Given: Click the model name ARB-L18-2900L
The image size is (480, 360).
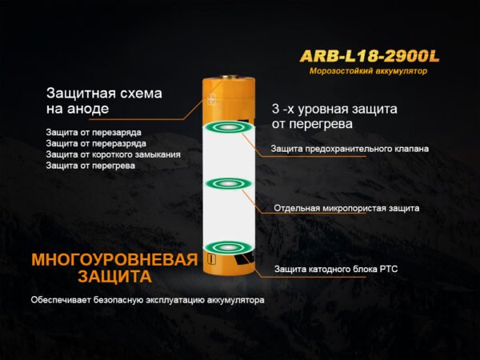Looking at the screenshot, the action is click(370, 56).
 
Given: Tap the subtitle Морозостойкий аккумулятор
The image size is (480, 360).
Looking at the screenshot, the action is click(368, 71).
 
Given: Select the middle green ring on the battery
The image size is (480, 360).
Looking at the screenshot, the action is click(229, 184).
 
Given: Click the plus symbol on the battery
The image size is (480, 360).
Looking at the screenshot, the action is click(211, 99).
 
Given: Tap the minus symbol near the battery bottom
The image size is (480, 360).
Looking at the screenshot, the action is click(210, 259).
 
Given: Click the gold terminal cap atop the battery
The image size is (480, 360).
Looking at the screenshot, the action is click(229, 77).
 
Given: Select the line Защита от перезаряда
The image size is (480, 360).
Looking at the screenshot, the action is click(94, 133).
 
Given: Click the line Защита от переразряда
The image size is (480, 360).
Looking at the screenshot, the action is click(96, 143).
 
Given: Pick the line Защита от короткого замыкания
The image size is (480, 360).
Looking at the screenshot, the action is click(114, 154).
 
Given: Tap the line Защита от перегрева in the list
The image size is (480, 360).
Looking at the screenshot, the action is click(90, 166).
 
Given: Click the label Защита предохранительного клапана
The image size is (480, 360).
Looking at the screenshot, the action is click(350, 149).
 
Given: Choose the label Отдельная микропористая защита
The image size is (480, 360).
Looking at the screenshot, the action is click(346, 209).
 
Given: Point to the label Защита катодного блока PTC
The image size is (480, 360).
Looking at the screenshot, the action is click(336, 270).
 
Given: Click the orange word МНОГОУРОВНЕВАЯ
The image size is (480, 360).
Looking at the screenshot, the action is click(114, 259).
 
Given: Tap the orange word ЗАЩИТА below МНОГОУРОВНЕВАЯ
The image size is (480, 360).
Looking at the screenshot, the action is click(114, 277).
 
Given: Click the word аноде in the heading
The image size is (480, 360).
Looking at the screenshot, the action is click(88, 109).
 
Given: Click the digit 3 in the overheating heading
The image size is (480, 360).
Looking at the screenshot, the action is click(275, 109).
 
